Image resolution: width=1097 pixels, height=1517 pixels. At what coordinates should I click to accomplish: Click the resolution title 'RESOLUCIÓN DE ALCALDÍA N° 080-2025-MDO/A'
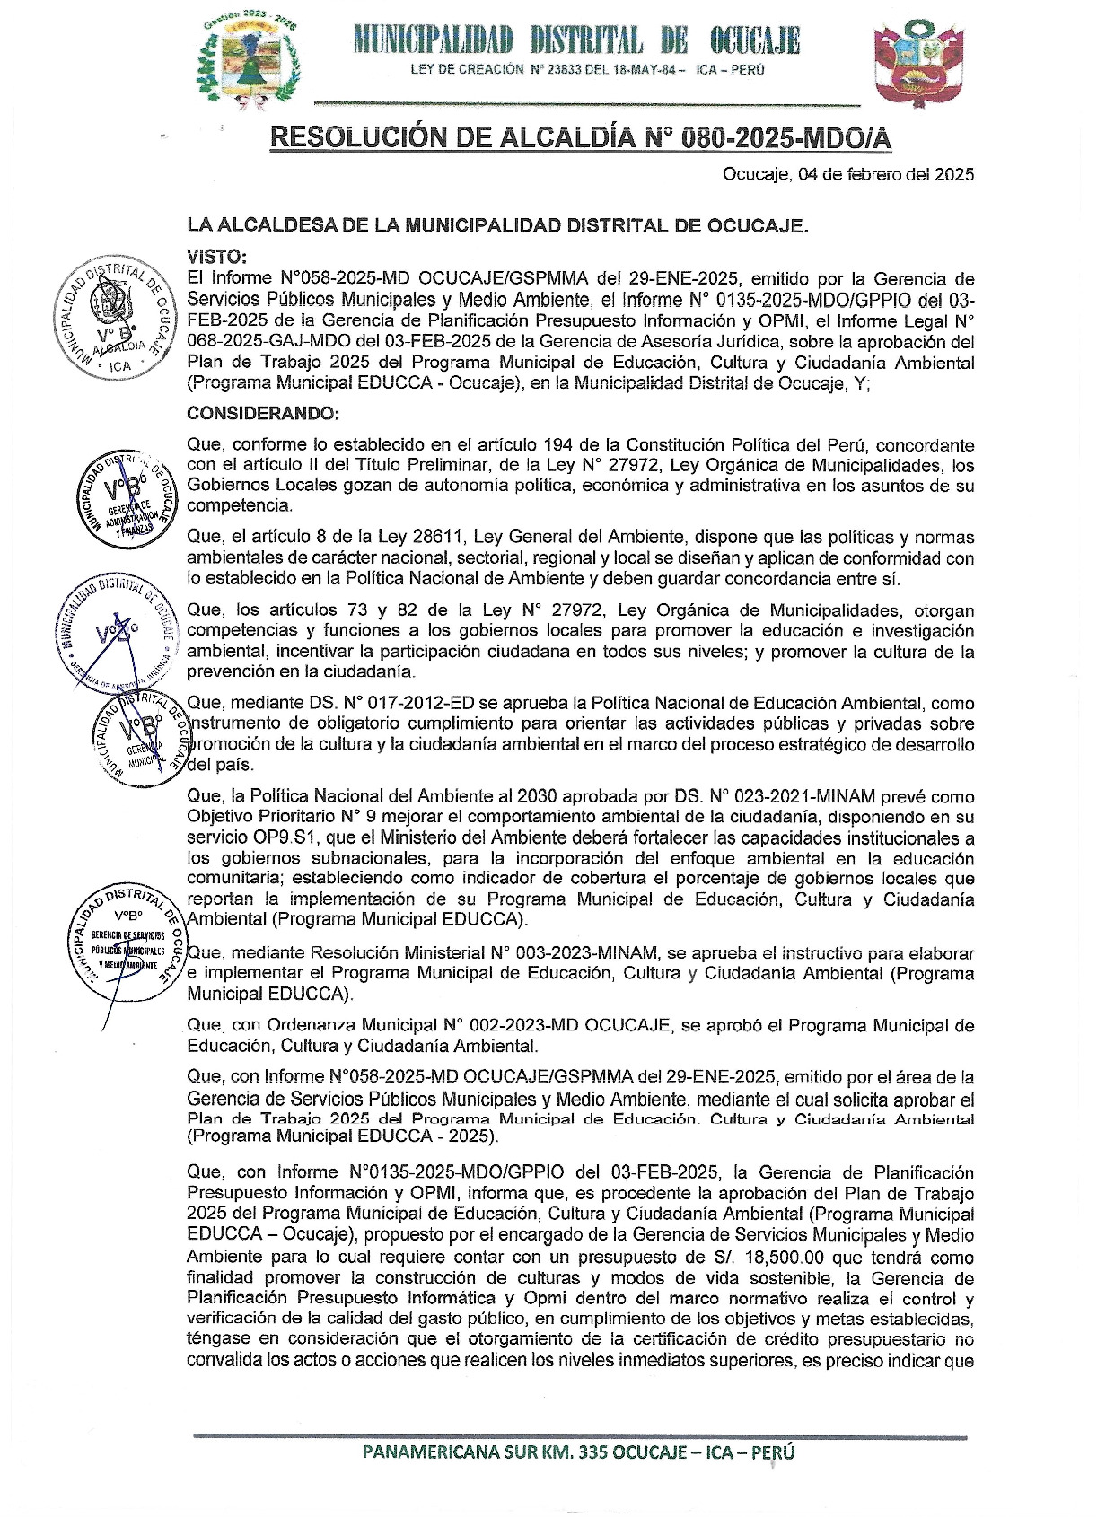point(580,137)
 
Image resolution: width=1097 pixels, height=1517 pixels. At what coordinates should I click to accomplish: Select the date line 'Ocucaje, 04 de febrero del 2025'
point(847,175)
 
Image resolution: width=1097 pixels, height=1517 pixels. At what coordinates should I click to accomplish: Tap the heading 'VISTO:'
point(216,258)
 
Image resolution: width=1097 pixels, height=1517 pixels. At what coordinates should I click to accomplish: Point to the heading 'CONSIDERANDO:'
point(263,414)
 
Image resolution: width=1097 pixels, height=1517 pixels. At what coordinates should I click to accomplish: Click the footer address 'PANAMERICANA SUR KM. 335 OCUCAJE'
point(578,1452)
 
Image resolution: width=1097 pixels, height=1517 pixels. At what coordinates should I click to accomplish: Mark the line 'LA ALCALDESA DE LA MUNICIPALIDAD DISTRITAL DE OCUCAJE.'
point(497,225)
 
